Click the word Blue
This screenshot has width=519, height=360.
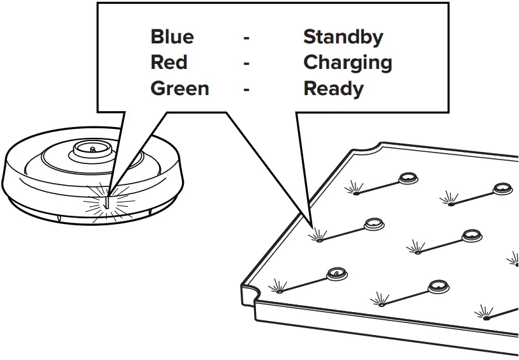pos(172,37)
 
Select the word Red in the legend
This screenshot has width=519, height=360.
pos(169,63)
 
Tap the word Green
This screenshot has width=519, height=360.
pos(179,88)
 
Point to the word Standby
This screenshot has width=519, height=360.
pos(343,37)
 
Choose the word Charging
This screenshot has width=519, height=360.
pos(347,63)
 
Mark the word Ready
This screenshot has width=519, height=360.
pos(333,88)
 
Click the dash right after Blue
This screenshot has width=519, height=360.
pos(246,38)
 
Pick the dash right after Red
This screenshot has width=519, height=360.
pos(246,64)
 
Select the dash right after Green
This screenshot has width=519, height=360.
pos(246,89)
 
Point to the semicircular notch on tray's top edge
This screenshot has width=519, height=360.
pos(362,151)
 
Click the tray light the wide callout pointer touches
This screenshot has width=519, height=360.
pos(318,241)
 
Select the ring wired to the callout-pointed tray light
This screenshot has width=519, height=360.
pos(373,224)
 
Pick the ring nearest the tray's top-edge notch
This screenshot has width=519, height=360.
pos(407,178)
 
